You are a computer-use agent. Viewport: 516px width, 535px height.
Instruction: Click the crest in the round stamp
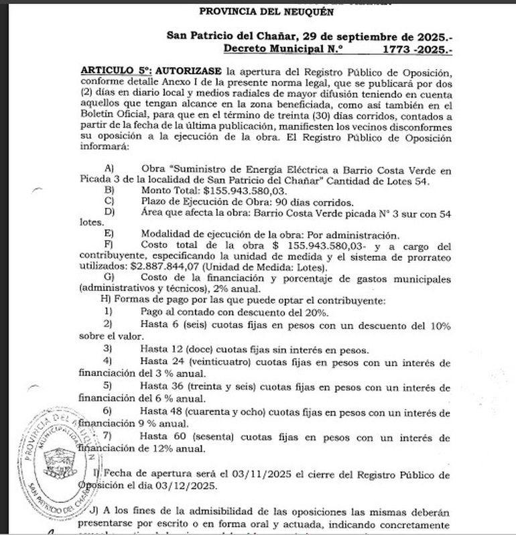click(56, 461)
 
